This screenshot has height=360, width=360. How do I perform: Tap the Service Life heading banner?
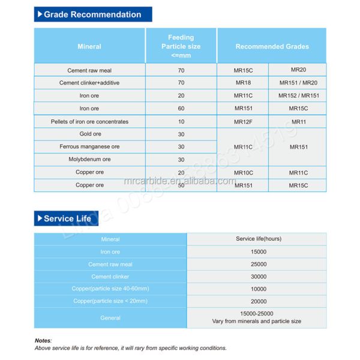(x=66, y=218)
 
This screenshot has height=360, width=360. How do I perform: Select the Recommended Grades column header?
(x=272, y=46)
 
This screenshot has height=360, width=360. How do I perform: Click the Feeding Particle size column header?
(x=181, y=46)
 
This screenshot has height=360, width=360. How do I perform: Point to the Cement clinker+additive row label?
(x=89, y=83)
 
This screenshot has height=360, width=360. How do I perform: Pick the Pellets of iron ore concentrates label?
(x=89, y=122)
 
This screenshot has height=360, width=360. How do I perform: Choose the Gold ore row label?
(x=89, y=134)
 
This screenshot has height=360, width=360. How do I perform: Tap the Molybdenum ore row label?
(x=89, y=160)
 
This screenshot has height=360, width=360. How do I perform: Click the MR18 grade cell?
(x=243, y=83)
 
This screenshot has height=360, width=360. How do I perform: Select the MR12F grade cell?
(x=243, y=122)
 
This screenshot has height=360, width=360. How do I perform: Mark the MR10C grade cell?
(x=243, y=173)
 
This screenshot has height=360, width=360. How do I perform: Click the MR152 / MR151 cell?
(x=298, y=95)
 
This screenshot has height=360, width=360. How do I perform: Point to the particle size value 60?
(x=181, y=109)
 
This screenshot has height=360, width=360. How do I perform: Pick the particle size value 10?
(x=181, y=122)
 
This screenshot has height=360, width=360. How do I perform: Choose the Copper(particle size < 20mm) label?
(x=110, y=301)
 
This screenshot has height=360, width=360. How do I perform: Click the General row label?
(x=110, y=318)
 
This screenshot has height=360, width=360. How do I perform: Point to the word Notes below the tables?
(x=43, y=340)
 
